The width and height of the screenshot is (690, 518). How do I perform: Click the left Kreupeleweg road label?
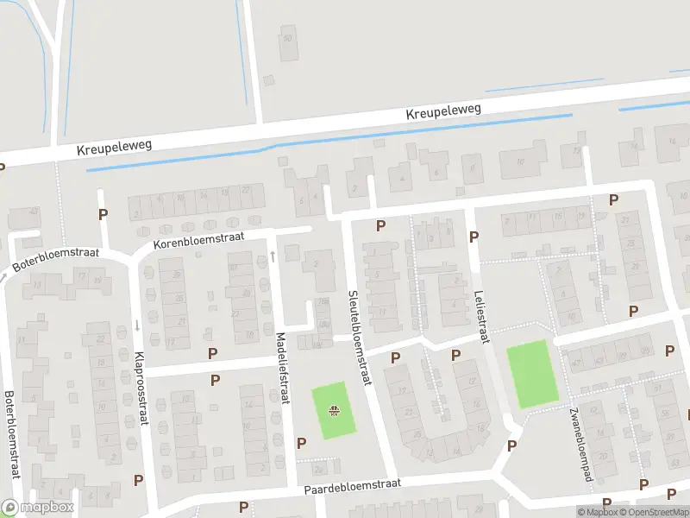[x=114, y=147]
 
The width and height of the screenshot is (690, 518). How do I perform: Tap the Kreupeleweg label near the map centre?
[x=443, y=112]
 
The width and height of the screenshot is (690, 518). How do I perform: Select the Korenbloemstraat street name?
[x=199, y=241]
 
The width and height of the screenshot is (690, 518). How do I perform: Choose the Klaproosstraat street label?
[x=140, y=388]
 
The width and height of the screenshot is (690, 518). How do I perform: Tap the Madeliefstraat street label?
[x=281, y=368]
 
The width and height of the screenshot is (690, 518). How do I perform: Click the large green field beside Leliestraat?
[x=531, y=374]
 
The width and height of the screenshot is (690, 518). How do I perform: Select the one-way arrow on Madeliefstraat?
[x=273, y=256]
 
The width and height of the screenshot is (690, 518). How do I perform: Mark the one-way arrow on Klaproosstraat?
[x=137, y=325]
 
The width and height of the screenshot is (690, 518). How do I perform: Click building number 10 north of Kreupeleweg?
[x=288, y=39]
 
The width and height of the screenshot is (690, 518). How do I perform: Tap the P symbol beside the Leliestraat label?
[x=473, y=237]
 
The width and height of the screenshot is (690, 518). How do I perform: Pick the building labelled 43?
[x=35, y=212]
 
